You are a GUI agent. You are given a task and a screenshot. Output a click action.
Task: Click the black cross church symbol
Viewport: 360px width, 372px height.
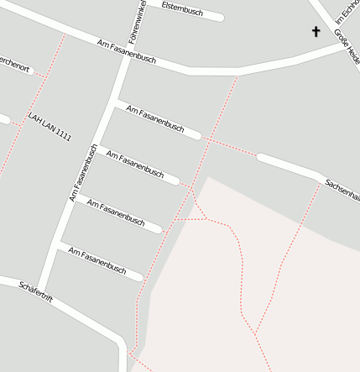coord(316,32)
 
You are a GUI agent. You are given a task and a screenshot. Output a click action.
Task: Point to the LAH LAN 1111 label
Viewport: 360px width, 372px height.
coord(50,126)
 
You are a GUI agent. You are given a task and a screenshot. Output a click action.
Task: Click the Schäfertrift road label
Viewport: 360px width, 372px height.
coord(36,293)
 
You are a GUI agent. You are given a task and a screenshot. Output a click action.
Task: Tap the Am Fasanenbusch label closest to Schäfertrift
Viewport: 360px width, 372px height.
coord(97,261)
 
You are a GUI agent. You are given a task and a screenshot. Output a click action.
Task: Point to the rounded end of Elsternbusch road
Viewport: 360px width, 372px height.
coord(220,17)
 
